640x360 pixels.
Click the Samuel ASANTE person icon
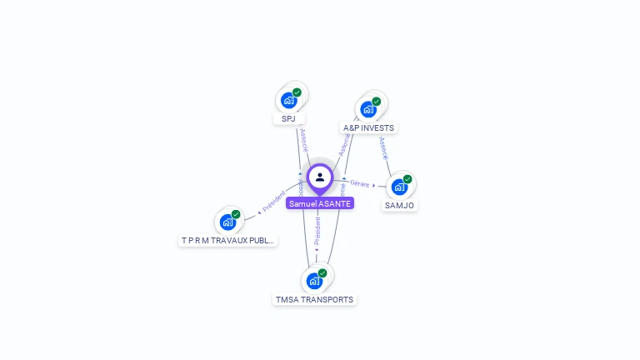coord(320,177)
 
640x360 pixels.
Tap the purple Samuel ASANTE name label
coord(320,203)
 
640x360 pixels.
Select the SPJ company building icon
coord(289,101)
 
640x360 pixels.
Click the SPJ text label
coord(288,118)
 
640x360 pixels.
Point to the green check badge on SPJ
coord(297,92)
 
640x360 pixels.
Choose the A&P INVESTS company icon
coord(368,109)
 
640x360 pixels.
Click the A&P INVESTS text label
coord(368,128)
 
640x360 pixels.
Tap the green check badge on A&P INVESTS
coord(376,102)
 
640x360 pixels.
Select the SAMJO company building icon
coord(400,187)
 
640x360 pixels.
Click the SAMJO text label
coord(399,205)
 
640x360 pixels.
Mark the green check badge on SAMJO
coord(407,179)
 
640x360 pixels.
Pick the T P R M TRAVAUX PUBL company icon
coord(227,222)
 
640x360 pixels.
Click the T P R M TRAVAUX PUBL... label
coord(228,240)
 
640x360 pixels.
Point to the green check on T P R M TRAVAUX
coord(236,214)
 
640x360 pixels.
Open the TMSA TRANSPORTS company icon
coord(314,281)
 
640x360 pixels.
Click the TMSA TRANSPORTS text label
coord(314,299)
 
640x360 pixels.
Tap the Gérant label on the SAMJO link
coord(359,183)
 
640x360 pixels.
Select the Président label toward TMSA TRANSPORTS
coord(317,231)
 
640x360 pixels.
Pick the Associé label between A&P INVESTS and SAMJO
coord(382,148)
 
